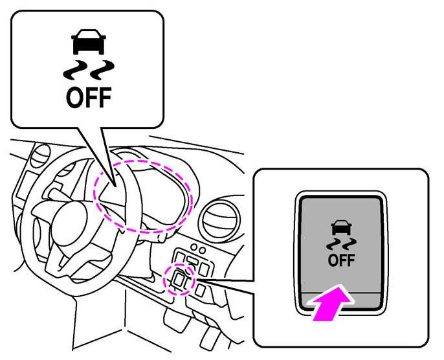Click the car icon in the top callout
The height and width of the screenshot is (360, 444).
coord(89,42)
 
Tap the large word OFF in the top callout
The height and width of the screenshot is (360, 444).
coord(89,97)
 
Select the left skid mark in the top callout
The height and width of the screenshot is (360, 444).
coord(76,70)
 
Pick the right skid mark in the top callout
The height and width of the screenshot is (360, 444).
coord(102,70)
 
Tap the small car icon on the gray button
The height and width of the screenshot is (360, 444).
coord(341,228)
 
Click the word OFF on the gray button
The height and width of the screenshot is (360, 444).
coord(342,260)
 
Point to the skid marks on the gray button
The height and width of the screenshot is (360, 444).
coord(341,245)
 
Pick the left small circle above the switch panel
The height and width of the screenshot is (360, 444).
coord(194,247)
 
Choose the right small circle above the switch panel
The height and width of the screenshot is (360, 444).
coord(202,251)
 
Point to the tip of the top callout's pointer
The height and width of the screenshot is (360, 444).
coord(115,186)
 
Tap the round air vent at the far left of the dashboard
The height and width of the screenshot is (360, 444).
coord(40,155)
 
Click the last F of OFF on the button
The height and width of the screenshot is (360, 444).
coord(351,260)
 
